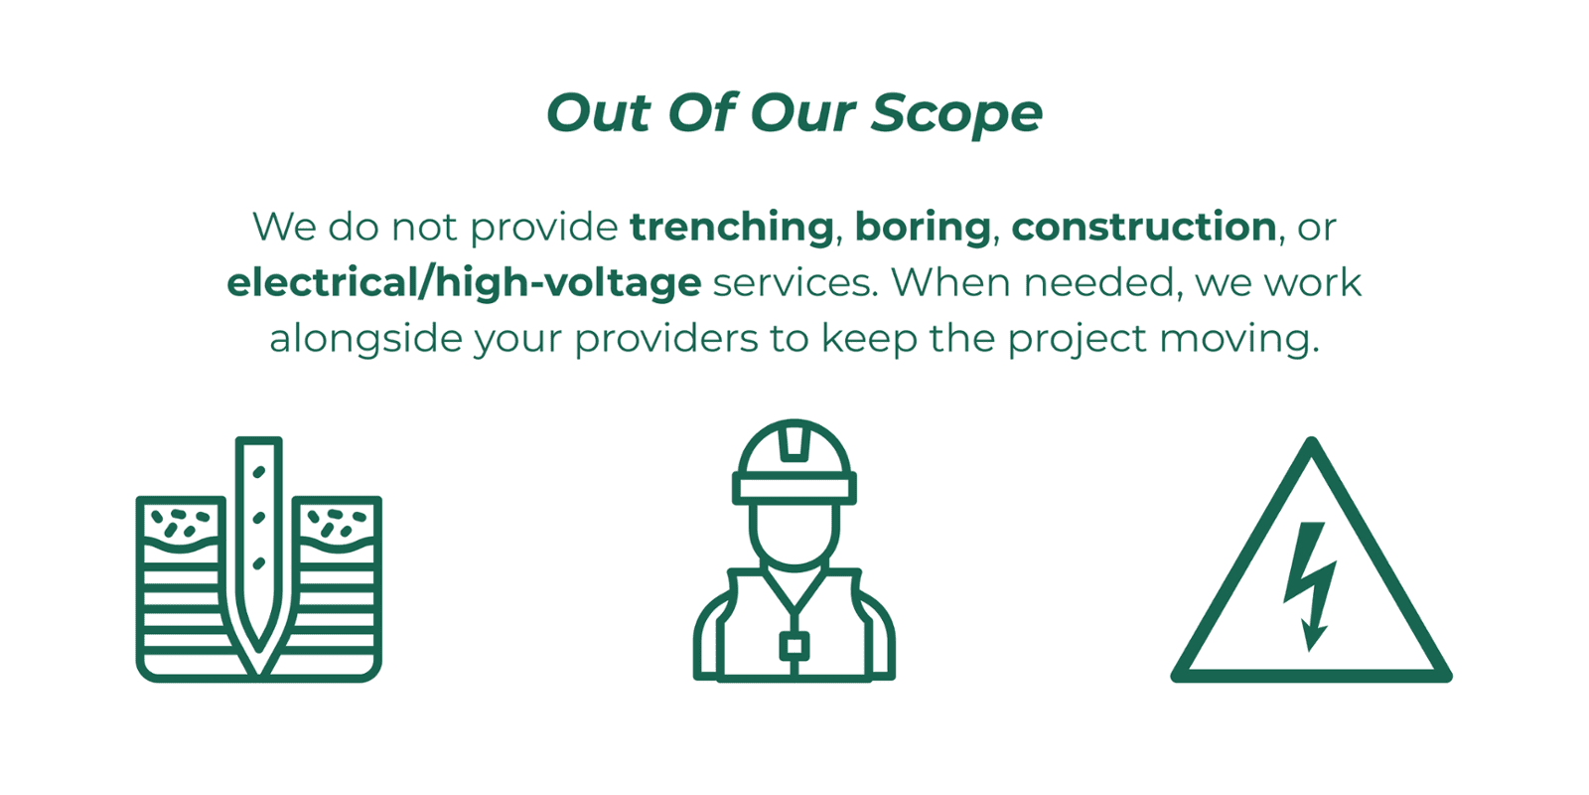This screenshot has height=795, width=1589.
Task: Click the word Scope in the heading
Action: [x=956, y=113]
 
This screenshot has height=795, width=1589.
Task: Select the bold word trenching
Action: [x=731, y=229]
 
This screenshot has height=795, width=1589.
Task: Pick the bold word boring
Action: [x=923, y=229]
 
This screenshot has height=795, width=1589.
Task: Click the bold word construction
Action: [x=1143, y=228]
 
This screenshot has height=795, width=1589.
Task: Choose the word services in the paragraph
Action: [x=795, y=283]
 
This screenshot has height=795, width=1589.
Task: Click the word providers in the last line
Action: [x=666, y=339]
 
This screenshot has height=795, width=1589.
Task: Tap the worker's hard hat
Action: [x=794, y=462]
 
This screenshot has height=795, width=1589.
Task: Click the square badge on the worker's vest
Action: [x=794, y=647]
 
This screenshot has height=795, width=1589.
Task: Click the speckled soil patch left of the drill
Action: [x=182, y=524]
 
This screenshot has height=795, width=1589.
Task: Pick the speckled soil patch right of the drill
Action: [x=338, y=524]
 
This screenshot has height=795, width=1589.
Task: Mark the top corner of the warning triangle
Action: [x=1312, y=440]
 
